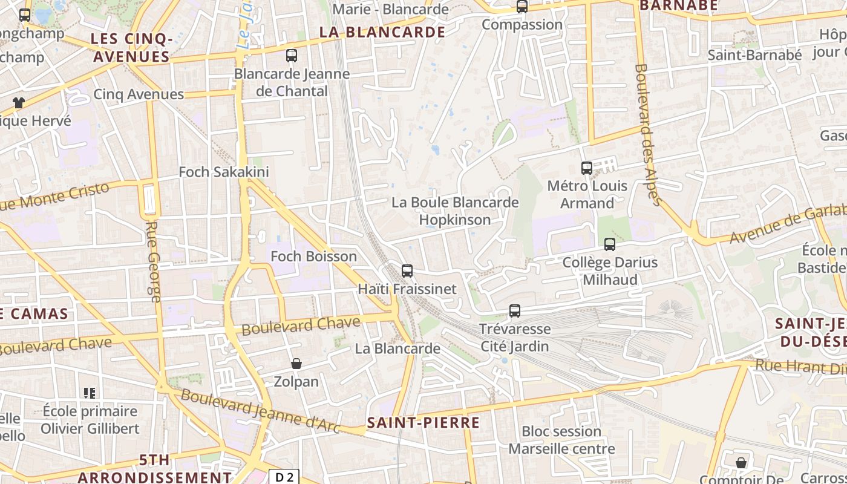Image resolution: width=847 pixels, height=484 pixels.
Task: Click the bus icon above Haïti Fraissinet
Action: coord(407,271)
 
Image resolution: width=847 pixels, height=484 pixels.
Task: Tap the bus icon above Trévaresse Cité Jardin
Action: coord(515,311)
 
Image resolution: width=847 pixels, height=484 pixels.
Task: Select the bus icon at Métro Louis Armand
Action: coord(586,168)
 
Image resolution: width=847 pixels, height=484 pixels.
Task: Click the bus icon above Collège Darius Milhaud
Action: coord(610,244)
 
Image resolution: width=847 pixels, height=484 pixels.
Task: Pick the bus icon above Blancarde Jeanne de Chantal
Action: coord(292,56)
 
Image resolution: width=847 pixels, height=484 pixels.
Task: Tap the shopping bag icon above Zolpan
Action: coord(296,364)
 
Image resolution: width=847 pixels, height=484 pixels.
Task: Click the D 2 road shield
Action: coord(284,477)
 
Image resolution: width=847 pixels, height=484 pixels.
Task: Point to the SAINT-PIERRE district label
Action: coord(423,423)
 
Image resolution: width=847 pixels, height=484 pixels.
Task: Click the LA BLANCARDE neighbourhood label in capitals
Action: coord(382,32)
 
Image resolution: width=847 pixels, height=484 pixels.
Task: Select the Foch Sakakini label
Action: coord(224,172)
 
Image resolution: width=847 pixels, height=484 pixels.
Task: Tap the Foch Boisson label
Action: coord(313,257)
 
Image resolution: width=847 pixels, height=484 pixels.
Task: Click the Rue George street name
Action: coord(154,261)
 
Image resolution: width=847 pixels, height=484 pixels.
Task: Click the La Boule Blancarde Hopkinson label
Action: coord(455,211)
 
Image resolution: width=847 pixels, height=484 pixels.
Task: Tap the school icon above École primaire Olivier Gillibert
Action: coord(90,393)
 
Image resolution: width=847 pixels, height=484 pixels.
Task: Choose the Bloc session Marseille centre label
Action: coord(561,440)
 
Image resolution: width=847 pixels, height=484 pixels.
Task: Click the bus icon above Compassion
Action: coord(522,7)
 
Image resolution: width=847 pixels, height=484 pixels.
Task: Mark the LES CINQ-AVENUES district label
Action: coord(130,48)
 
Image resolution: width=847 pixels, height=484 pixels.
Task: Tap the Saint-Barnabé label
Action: coord(754,55)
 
